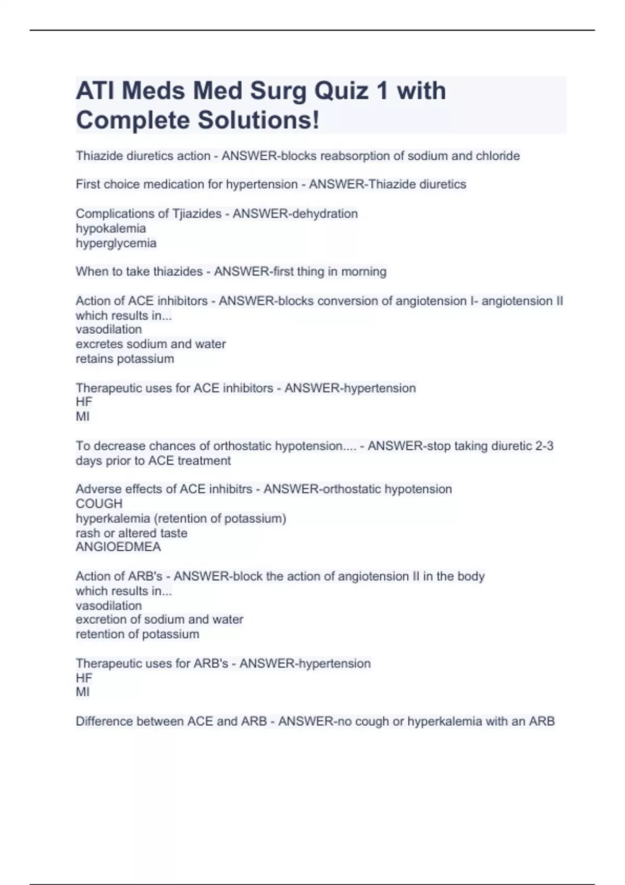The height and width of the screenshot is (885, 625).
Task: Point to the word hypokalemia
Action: click(x=110, y=228)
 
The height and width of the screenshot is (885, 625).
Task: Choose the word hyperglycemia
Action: click(x=116, y=243)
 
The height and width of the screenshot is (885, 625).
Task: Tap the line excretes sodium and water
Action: click(x=151, y=344)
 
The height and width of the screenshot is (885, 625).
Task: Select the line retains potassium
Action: click(x=124, y=359)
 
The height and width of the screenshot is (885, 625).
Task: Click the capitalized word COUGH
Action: click(x=99, y=503)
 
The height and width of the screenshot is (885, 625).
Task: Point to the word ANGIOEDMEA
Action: click(x=118, y=547)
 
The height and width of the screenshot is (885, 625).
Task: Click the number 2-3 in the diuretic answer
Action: click(x=544, y=446)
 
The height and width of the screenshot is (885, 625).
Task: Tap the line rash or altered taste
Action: click(x=131, y=533)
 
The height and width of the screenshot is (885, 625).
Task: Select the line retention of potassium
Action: click(x=137, y=634)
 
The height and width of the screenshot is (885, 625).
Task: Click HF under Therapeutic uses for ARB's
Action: click(x=84, y=678)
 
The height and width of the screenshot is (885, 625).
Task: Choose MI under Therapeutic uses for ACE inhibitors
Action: click(x=82, y=416)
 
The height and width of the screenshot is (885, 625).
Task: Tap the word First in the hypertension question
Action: click(x=86, y=184)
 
